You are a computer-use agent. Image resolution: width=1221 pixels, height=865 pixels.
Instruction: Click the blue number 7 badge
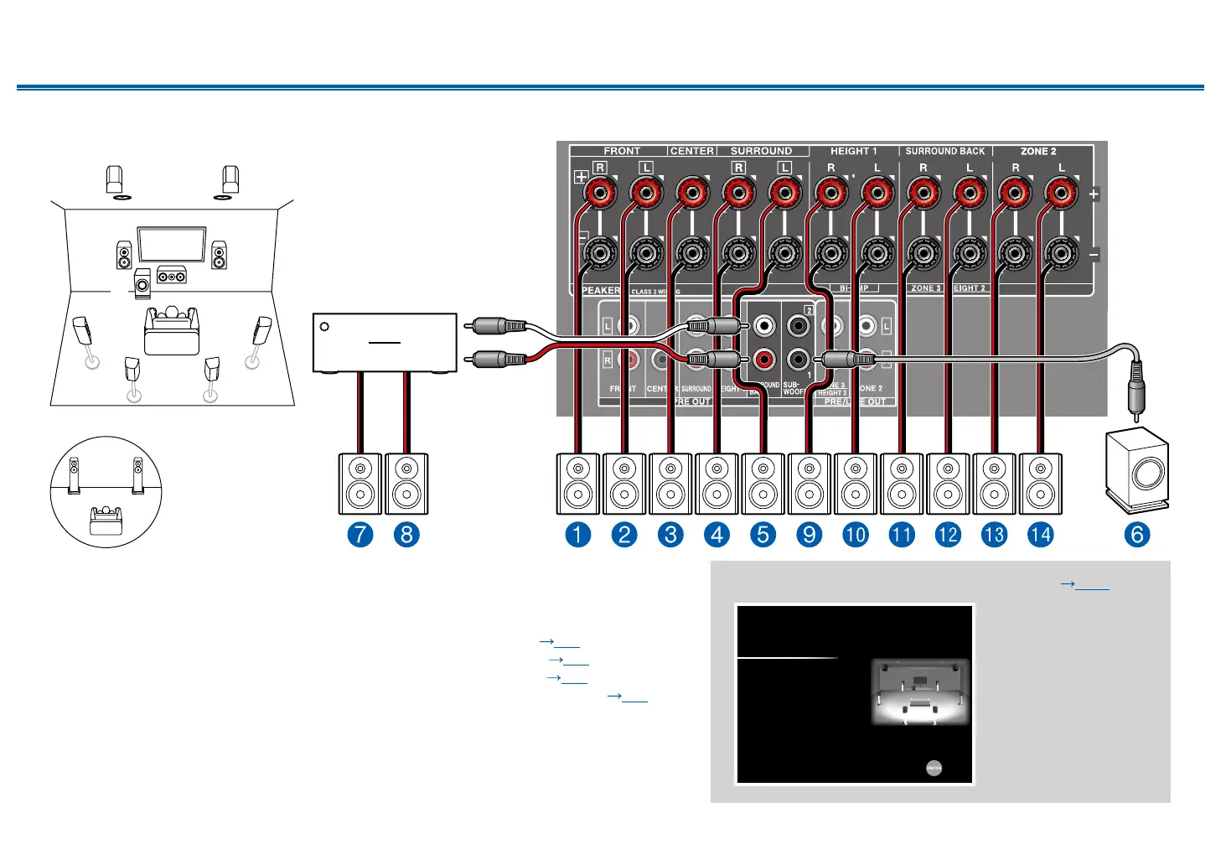pyautogui.click(x=360, y=534)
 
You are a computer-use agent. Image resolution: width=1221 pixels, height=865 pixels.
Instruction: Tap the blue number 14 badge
pyautogui.click(x=1040, y=534)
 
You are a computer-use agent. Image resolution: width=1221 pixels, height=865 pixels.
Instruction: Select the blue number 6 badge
pyautogui.click(x=1136, y=534)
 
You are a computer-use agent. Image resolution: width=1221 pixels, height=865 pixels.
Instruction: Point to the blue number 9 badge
pyautogui.click(x=809, y=534)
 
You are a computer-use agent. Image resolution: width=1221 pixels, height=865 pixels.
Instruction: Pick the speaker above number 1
pyautogui.click(x=578, y=484)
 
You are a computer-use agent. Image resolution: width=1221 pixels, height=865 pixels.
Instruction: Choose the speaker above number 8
pyautogui.click(x=406, y=484)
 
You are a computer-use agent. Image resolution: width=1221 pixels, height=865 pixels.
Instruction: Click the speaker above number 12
pyautogui.click(x=948, y=484)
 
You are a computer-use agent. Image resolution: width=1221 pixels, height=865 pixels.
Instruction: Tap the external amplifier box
pyautogui.click(x=385, y=343)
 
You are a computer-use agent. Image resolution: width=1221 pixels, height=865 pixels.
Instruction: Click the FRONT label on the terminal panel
pyautogui.click(x=622, y=151)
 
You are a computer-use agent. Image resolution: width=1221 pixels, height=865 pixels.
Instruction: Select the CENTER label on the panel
pyautogui.click(x=692, y=151)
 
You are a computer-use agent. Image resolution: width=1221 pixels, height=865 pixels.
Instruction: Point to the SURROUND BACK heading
pyautogui.click(x=945, y=151)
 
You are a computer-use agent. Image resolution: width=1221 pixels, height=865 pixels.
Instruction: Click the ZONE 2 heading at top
pyautogui.click(x=1038, y=151)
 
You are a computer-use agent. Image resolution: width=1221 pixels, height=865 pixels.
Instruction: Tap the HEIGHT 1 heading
pyautogui.click(x=853, y=151)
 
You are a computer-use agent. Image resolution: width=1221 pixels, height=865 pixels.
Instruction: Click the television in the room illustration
pyautogui.click(x=172, y=244)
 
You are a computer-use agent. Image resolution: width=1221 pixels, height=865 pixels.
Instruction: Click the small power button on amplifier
pyautogui.click(x=324, y=327)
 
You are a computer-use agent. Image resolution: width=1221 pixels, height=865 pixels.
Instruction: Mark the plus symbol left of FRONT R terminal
pyautogui.click(x=581, y=177)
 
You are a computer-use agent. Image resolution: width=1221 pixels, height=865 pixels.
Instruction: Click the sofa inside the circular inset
pyautogui.click(x=106, y=520)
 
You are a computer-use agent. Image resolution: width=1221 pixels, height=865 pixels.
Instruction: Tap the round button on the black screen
pyautogui.click(x=934, y=767)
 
